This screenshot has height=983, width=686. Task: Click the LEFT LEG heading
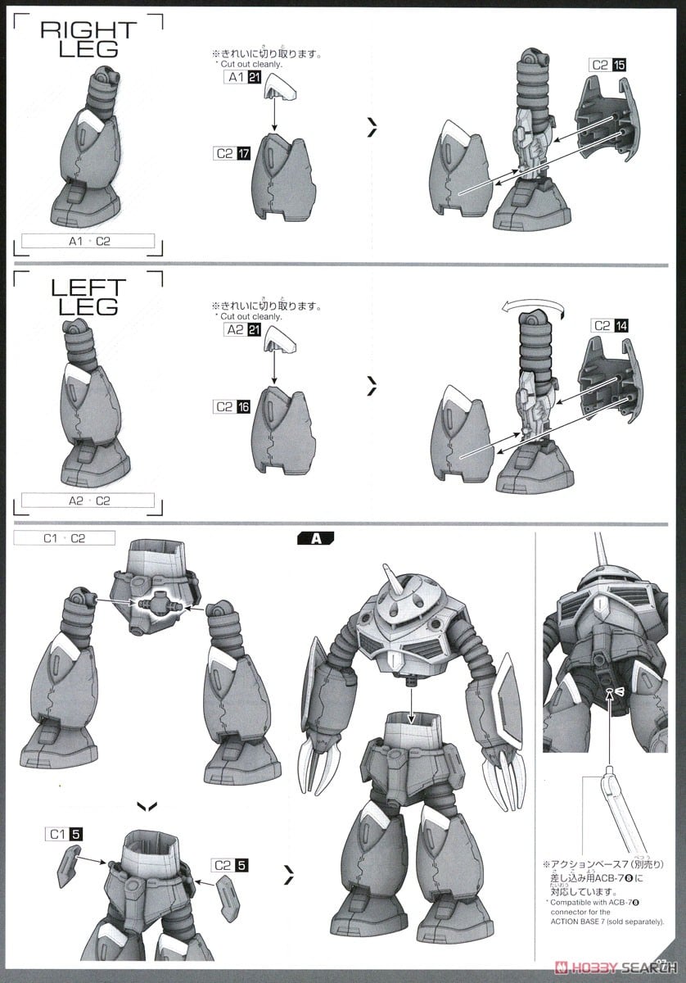coord(88,297)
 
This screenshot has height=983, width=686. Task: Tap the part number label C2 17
coord(232,153)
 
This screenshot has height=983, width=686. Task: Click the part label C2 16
coord(232,406)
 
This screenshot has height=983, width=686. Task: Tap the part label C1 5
coord(64,834)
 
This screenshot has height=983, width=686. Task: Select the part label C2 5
coord(228,864)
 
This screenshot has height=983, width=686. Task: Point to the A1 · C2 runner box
coord(88,241)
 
